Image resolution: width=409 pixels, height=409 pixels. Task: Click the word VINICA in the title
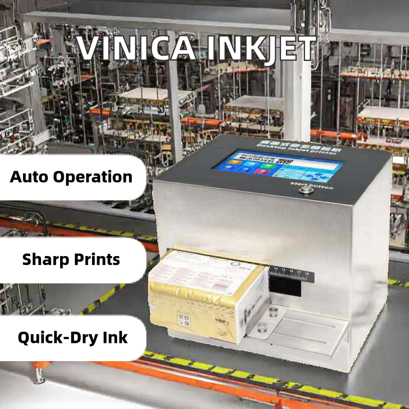coord(130,49)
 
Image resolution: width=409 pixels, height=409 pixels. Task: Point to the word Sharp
coord(46,259)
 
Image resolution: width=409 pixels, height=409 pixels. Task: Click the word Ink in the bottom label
coord(115,337)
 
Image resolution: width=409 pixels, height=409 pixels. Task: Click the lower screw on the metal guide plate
coord(262,328)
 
